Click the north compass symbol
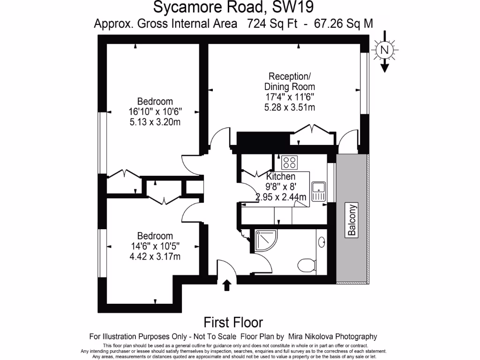coord(384,49)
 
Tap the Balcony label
coord(352,220)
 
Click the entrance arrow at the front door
coord(227,285)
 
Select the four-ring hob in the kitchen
coord(289,163)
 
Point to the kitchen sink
coord(319,192)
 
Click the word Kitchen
coord(281,177)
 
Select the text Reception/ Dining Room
coord(289,82)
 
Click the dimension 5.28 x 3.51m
coord(289,107)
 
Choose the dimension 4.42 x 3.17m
coord(155,256)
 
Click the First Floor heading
coord(233,322)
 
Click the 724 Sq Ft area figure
coord(272,23)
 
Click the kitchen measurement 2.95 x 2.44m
coord(281,197)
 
